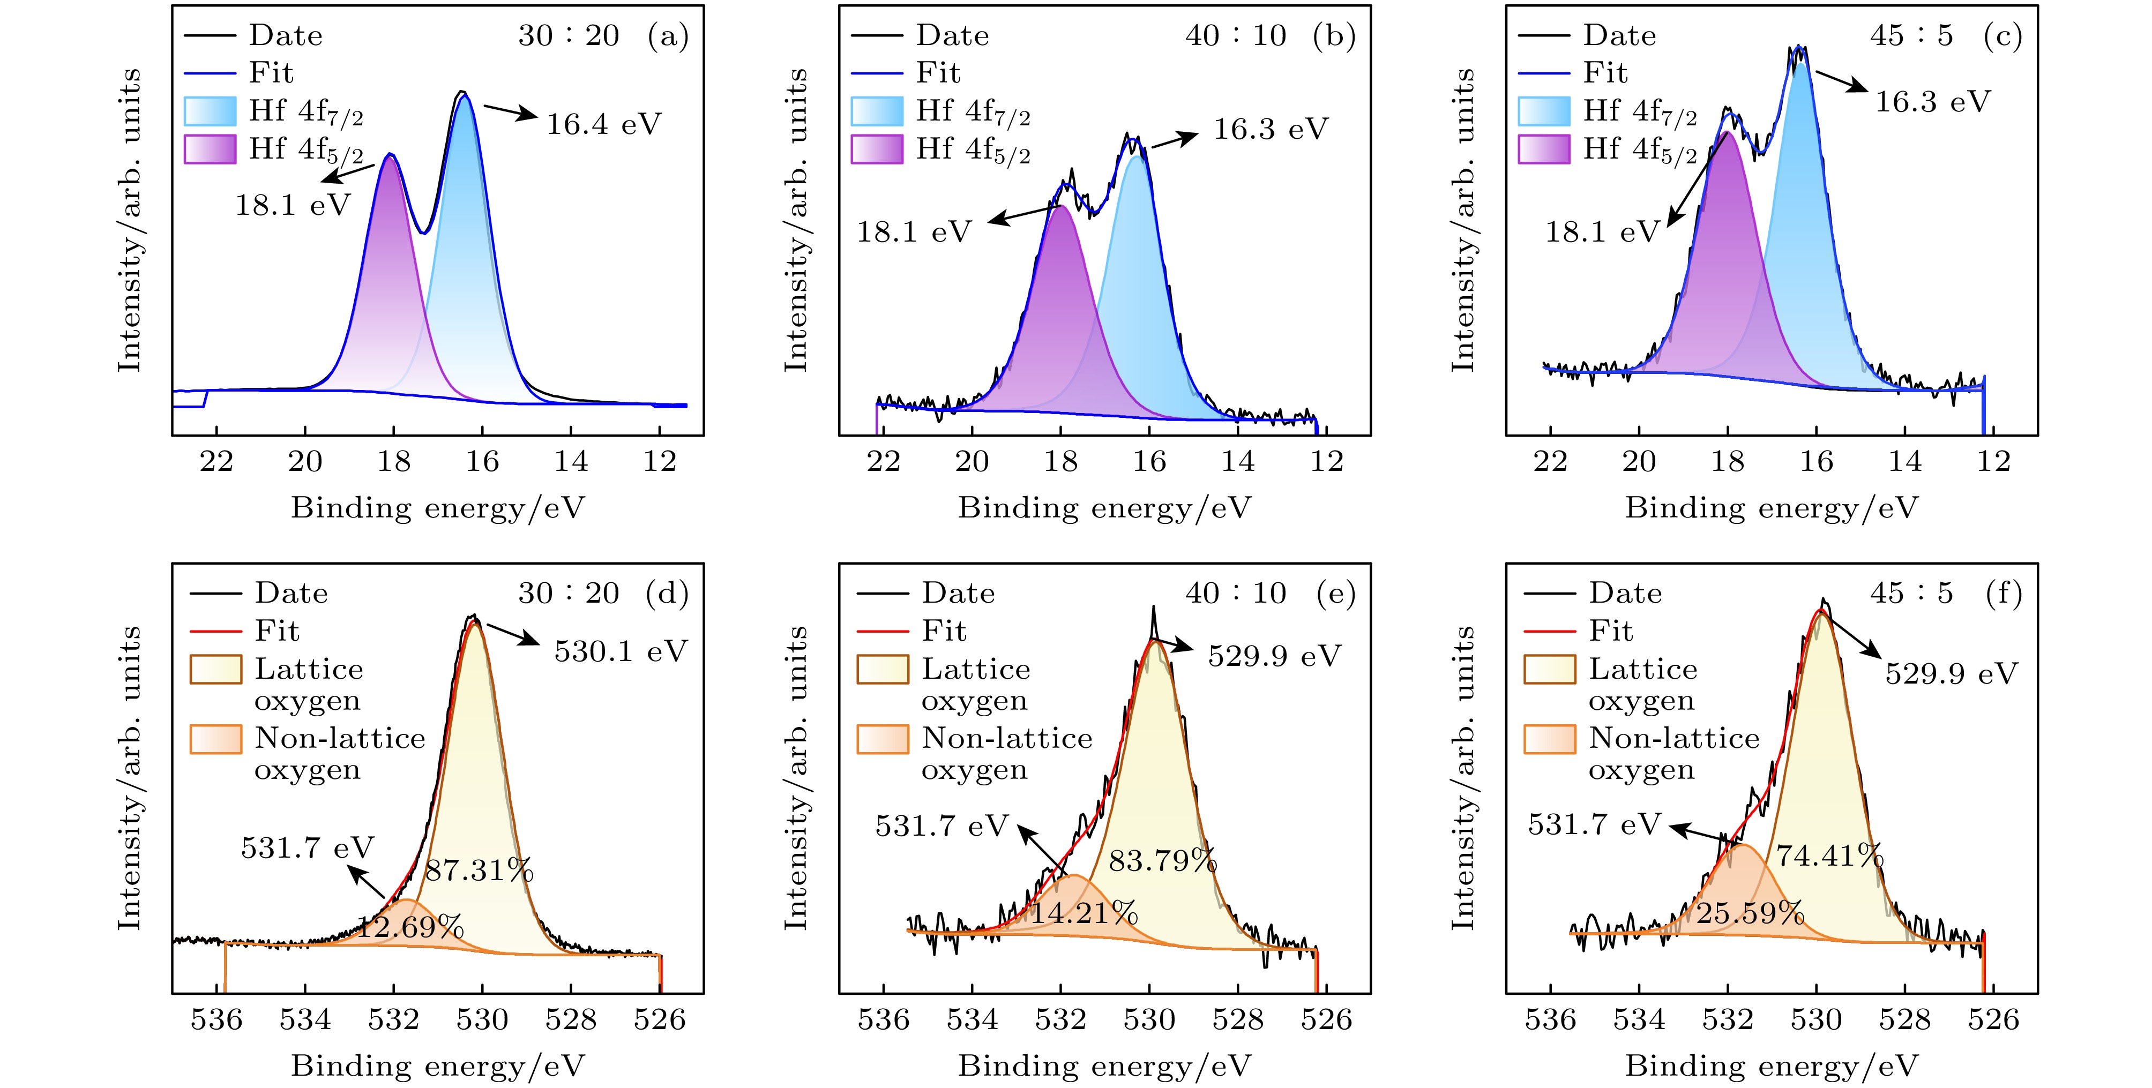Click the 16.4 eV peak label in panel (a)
(603, 124)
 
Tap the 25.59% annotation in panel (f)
(1750, 913)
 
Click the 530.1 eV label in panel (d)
(620, 651)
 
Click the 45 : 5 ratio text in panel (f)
(1911, 593)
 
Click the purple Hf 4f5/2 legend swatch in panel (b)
(876, 148)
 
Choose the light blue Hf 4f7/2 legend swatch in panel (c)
(1544, 111)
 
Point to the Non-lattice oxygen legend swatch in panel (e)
(882, 739)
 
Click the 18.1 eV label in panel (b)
(914, 231)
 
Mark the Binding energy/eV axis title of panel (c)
(1771, 508)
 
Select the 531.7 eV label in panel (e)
(941, 826)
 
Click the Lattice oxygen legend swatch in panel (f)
(1550, 670)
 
